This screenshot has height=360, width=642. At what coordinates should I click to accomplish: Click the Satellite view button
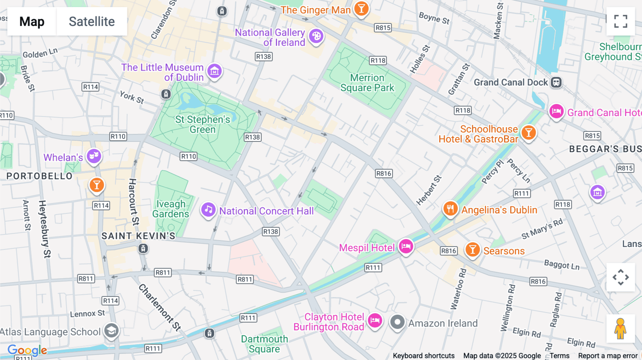pos(92,21)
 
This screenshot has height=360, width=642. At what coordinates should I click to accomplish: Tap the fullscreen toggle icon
pos(621,21)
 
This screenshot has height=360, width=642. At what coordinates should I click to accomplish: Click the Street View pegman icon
pos(620,329)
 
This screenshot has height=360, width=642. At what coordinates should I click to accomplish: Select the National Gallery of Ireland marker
pos(316,36)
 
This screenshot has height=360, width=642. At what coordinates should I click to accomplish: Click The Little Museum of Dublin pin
pos(214,71)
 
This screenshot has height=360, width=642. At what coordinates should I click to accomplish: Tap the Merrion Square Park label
pos(367,83)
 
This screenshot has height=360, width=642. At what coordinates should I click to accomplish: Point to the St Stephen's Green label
pos(203,124)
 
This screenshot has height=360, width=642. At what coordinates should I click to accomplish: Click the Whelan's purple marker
pos(94,156)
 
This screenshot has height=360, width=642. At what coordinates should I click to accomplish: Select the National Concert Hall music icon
pos(208,210)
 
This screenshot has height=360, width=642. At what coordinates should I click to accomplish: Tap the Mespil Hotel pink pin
pos(406,246)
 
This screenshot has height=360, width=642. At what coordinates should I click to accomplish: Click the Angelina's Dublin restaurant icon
pos(450,209)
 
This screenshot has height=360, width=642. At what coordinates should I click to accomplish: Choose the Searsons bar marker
pos(473,250)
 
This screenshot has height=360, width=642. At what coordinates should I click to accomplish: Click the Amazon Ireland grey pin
pos(397,322)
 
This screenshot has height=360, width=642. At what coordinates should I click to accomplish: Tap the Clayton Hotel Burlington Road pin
pos(375,320)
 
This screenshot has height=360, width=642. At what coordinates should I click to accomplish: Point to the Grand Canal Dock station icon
pos(556,82)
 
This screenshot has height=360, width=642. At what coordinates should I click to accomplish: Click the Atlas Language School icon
pos(111,330)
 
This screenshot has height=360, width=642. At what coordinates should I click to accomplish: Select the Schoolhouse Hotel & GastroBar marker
pos(529,133)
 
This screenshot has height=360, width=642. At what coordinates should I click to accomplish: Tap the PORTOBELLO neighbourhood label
pos(40,176)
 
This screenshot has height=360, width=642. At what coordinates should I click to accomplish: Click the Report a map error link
pos(608,356)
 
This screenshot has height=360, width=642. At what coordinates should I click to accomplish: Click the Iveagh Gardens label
pos(171,209)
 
